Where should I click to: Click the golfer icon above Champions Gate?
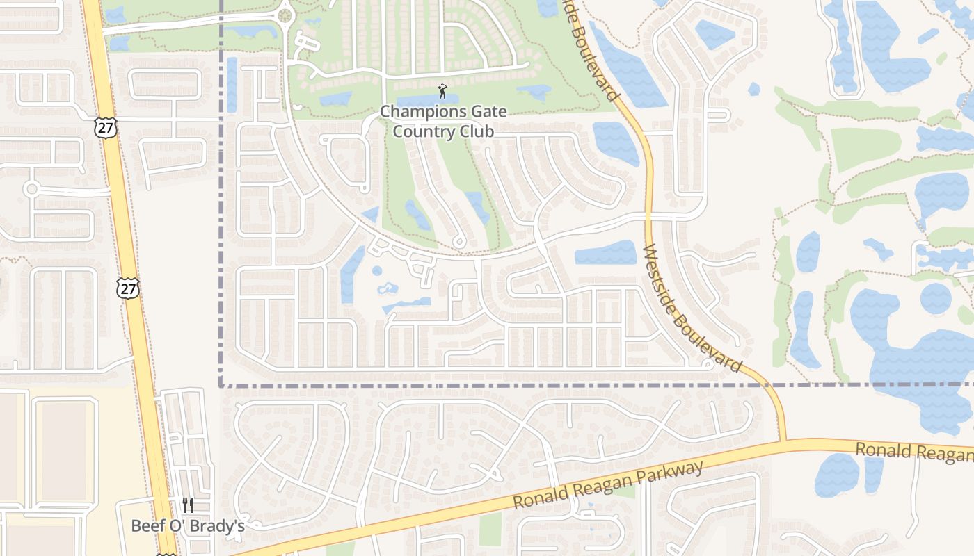(x=442, y=91)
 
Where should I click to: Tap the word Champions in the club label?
(x=420, y=111)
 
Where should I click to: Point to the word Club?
(x=475, y=131)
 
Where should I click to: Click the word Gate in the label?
(x=487, y=111)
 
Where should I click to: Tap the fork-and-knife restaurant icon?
(x=187, y=505)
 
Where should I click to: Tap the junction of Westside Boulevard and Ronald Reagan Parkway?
(x=783, y=441)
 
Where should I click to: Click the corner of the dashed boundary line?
(x=221, y=385)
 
